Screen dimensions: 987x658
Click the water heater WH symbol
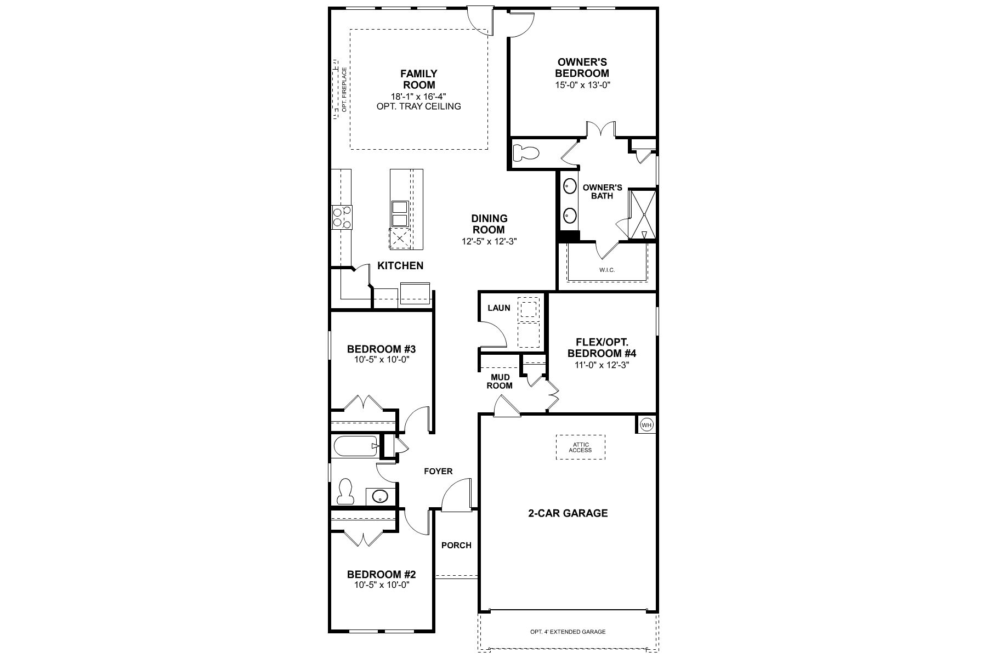(x=647, y=424)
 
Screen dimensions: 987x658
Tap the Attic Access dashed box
(x=580, y=447)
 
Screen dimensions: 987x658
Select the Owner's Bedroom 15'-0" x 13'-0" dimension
(x=582, y=85)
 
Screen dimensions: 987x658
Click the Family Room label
(x=419, y=79)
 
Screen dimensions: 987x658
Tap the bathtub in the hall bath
(x=355, y=446)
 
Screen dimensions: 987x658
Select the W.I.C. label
(x=607, y=270)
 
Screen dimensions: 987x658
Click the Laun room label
(x=499, y=308)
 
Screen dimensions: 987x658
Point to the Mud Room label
(x=500, y=381)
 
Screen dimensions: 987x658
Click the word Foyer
(x=438, y=471)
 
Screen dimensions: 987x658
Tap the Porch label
(x=456, y=545)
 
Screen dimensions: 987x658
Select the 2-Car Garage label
(x=568, y=513)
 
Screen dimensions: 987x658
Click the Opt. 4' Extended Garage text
(x=568, y=632)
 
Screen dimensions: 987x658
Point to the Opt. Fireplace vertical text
(x=344, y=90)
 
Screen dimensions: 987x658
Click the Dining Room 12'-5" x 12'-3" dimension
(x=490, y=241)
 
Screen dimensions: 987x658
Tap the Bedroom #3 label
(x=382, y=349)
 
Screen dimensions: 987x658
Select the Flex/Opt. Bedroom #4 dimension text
(x=602, y=365)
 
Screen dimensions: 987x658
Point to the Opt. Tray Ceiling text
(x=419, y=106)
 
